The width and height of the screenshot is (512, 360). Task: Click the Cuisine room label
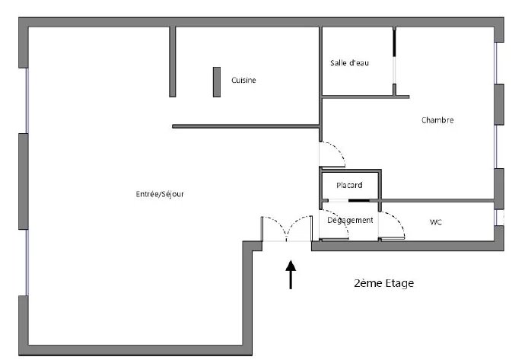(243, 80)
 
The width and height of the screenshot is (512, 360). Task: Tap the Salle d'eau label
(349, 62)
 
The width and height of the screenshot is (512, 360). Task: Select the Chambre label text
(437, 120)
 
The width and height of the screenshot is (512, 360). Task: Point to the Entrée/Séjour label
(160, 194)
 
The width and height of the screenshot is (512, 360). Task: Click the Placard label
(349, 185)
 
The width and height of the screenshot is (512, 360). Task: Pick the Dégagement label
(350, 220)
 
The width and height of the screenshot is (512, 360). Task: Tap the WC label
(436, 222)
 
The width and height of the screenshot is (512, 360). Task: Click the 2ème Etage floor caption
(383, 283)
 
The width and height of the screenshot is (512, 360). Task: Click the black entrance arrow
(291, 275)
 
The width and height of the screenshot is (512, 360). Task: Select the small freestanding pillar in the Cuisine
(217, 82)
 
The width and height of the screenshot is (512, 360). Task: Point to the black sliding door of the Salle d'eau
(394, 43)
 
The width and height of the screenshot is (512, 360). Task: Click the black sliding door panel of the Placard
(359, 200)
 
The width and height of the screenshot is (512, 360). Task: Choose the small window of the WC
(496, 218)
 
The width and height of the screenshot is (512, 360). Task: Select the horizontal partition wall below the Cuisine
(246, 126)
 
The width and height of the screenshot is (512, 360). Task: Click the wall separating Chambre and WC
(436, 200)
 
